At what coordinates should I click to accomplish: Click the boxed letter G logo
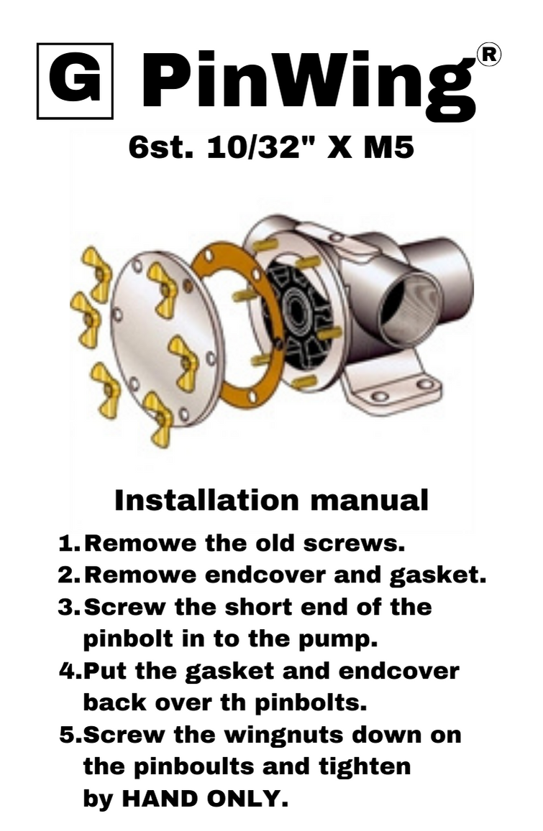point(75,81)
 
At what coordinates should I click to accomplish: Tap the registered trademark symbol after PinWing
point(489,55)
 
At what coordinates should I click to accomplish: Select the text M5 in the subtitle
point(388,148)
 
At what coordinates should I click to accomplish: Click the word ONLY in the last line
point(243,799)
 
